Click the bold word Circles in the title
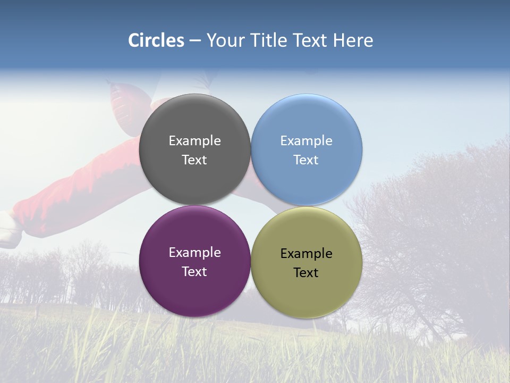tap(156, 40)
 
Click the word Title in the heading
tap(267, 40)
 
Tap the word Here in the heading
tap(353, 40)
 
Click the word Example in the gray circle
tap(194, 141)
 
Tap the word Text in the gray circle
tap(194, 160)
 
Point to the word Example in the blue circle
tap(307, 141)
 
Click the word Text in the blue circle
tap(307, 160)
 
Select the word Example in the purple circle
tap(194, 253)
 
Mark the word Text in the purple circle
tap(194, 272)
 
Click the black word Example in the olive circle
tap(307, 254)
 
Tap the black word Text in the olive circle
tap(307, 273)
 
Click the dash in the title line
tap(195, 41)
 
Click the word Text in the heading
tap(310, 40)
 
